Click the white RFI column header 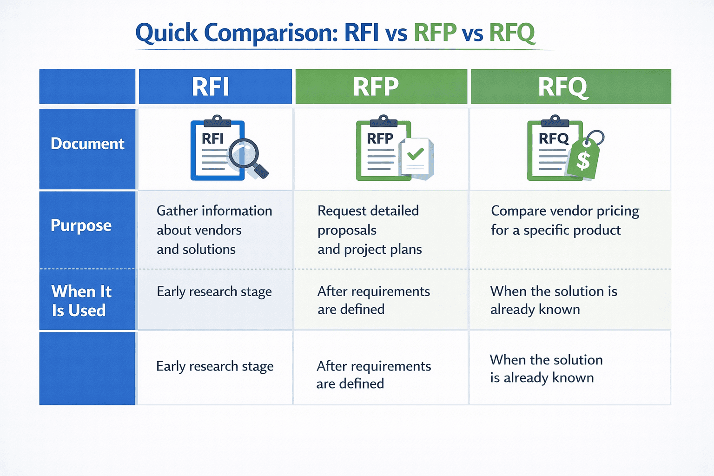pos(211,86)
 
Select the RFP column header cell pos(376,86)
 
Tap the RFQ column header pos(563,87)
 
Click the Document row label pos(87,144)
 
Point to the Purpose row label pos(81,225)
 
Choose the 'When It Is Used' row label pos(81,301)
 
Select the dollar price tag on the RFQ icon pos(583,159)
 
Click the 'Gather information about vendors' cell pos(214,230)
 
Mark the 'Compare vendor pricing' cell pos(565,220)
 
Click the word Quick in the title pos(166,33)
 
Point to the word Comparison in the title pos(271,33)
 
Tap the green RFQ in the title pos(512,33)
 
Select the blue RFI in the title pos(362,33)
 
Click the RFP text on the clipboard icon pos(380,139)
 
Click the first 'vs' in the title pos(396,34)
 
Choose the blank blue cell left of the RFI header pos(87,86)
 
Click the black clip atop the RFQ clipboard pos(555,121)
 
